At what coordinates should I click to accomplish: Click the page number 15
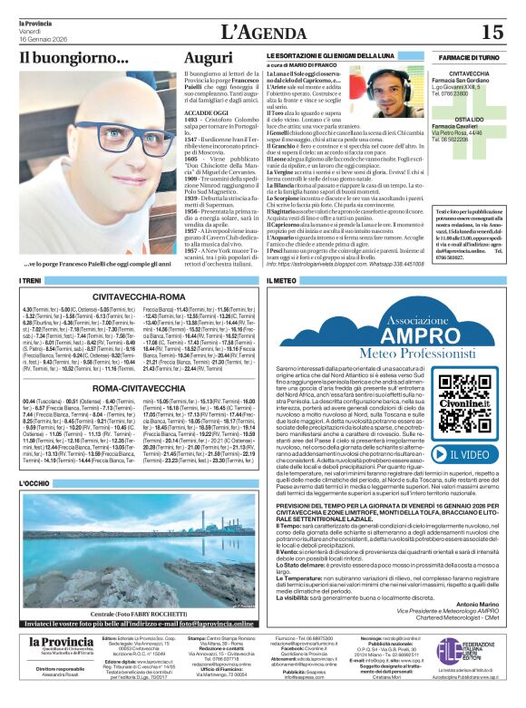(492, 33)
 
